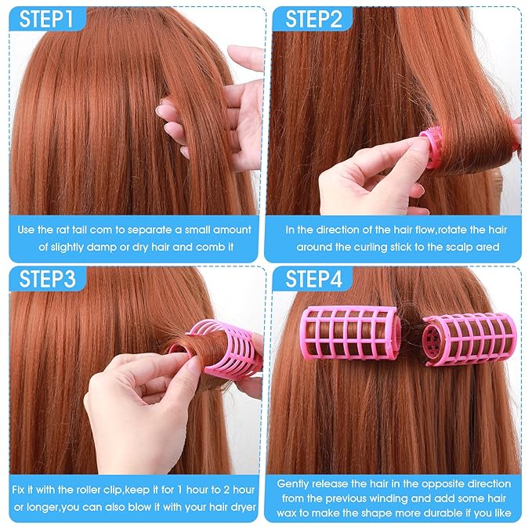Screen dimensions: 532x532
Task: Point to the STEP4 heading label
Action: pyautogui.click(x=313, y=279)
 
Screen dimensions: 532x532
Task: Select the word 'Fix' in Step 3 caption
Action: pyautogui.click(x=22, y=491)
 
